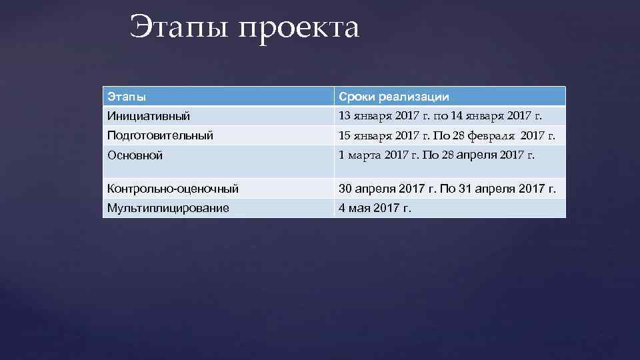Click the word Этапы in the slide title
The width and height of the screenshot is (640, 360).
(x=178, y=28)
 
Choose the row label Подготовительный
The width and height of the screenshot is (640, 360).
(x=160, y=135)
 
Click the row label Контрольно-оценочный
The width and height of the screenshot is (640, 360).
(x=173, y=189)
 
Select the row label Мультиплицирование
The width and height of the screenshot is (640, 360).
(x=168, y=209)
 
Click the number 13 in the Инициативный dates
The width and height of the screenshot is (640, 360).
(x=345, y=116)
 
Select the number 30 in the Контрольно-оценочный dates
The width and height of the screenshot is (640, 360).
(x=345, y=189)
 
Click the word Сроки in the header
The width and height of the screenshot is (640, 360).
(x=357, y=97)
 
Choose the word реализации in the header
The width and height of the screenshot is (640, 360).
(x=413, y=97)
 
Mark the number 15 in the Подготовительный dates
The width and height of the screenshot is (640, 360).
(x=345, y=135)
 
